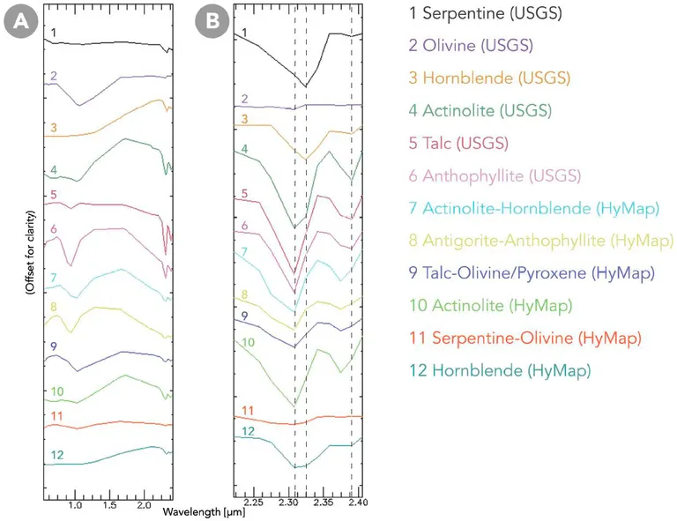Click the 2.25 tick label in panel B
tap(254, 503)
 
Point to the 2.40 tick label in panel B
tap(357, 503)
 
